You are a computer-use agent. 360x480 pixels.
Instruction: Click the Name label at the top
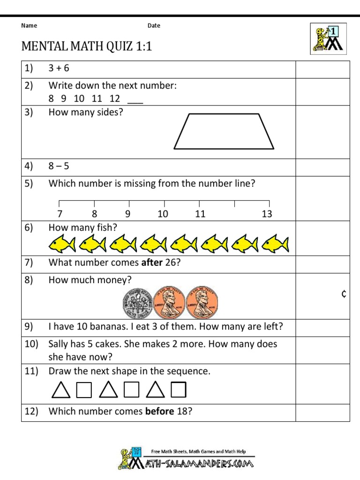pos(29,26)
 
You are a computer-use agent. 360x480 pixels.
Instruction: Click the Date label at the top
pos(154,26)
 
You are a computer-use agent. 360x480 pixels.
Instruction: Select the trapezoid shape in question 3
pos(224,131)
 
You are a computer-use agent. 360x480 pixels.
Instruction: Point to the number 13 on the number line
pos(267,214)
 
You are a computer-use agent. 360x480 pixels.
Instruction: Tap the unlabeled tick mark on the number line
pos(234,203)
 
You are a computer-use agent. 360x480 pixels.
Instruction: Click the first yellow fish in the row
pos(62,244)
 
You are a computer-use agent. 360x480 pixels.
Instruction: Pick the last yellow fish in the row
pos(276,244)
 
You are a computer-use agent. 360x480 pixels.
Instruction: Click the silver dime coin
pos(138,302)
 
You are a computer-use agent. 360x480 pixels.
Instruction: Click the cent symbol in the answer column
pos(344,294)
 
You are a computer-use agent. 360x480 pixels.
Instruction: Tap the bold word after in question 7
pos(151,262)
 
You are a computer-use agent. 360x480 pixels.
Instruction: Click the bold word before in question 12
pos(159,412)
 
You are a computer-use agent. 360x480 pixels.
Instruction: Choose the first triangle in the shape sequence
pos(60,390)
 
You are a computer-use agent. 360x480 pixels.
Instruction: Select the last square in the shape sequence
pos(179,390)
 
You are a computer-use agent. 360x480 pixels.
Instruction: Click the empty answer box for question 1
pos(322,68)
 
